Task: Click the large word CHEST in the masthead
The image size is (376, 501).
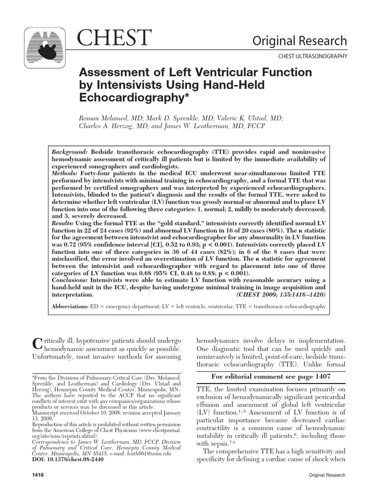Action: (116, 38)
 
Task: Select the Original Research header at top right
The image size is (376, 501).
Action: (300, 41)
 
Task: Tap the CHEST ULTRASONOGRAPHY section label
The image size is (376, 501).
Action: (312, 56)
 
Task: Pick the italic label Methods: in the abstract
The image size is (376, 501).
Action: (65, 173)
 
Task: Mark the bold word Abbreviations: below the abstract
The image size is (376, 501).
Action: (70, 307)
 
